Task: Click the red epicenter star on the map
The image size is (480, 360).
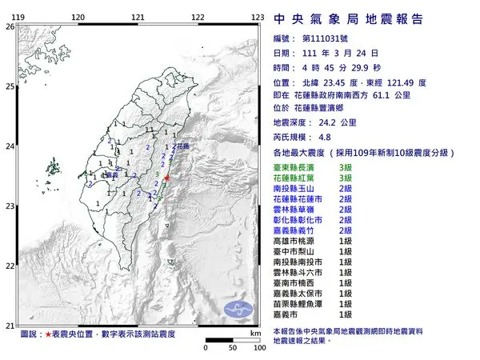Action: pyautogui.click(x=166, y=178)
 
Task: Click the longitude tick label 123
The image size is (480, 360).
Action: pyautogui.click(x=258, y=16)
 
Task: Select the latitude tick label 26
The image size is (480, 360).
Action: pyautogui.click(x=9, y=26)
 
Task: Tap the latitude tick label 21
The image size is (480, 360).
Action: pyautogui.click(x=9, y=325)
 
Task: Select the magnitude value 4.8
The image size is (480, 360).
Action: pyautogui.click(x=325, y=137)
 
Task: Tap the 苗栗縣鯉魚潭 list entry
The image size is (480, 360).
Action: pyautogui.click(x=303, y=304)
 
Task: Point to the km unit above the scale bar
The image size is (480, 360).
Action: pyautogui.click(x=254, y=332)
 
